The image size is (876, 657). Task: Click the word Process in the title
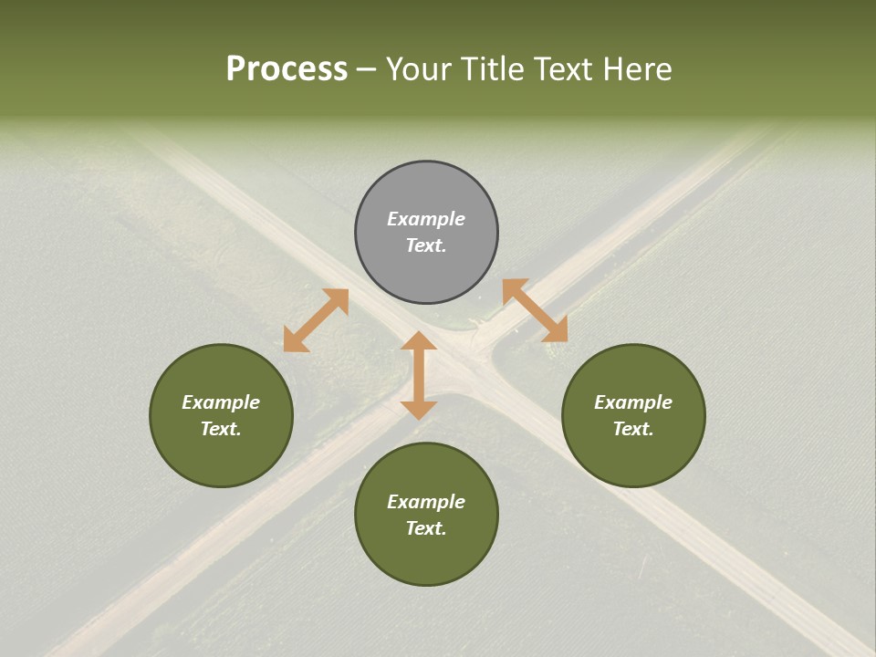point(287,69)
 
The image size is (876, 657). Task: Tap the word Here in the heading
point(636,69)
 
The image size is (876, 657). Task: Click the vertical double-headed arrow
point(419,375)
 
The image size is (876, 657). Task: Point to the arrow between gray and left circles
point(316,320)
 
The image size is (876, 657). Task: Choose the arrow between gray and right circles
point(535,310)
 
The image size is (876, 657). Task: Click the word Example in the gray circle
point(426,219)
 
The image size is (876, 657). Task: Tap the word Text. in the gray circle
point(426,245)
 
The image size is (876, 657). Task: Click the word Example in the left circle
point(221,402)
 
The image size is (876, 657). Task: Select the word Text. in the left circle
point(221,429)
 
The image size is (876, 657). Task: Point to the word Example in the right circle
point(633,402)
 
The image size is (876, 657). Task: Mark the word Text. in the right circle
point(633,429)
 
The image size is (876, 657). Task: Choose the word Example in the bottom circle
point(426,502)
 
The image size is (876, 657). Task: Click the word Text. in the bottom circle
point(426,528)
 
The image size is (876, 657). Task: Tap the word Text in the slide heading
point(561,69)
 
